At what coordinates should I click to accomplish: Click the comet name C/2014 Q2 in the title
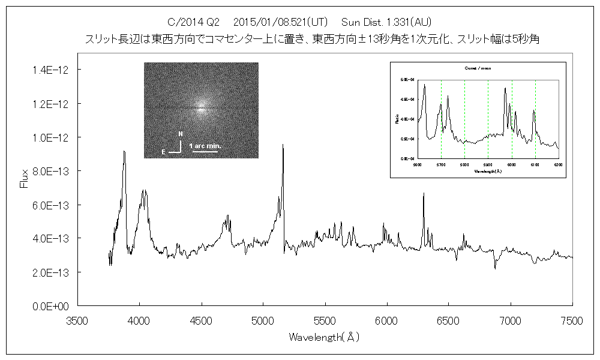point(194,23)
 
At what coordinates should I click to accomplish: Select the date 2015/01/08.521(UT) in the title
point(280,23)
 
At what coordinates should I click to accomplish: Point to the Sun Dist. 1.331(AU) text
point(385,23)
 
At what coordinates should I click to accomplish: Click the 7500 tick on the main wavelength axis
point(572,322)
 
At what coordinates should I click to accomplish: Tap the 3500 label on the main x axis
point(77,322)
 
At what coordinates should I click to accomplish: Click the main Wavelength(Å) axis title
point(324,337)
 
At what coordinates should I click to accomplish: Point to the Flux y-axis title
point(25,179)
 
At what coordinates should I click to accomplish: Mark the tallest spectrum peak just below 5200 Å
point(283,145)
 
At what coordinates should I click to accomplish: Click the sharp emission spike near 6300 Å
point(424,194)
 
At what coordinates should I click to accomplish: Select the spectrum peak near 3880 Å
point(124,152)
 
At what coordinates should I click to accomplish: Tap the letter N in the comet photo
point(181,133)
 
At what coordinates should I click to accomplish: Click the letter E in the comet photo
point(163,152)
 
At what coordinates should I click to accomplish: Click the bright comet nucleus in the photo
point(201,107)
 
